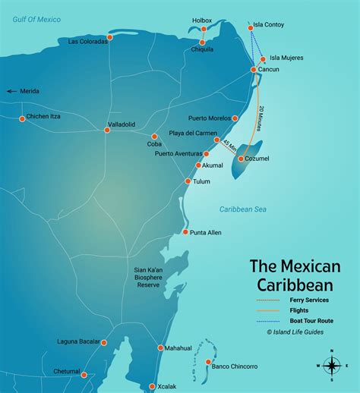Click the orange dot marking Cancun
click(254, 70)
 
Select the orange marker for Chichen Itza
click(21, 117)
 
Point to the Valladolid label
click(122, 123)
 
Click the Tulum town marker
click(188, 181)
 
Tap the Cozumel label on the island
click(257, 159)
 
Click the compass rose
click(332, 366)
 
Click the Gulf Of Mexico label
click(33, 19)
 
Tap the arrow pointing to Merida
click(11, 91)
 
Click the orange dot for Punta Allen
click(185, 232)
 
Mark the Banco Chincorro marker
click(208, 363)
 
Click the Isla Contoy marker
click(251, 28)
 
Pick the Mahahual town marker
click(160, 348)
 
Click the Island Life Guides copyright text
click(296, 332)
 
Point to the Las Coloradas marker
click(109, 36)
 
